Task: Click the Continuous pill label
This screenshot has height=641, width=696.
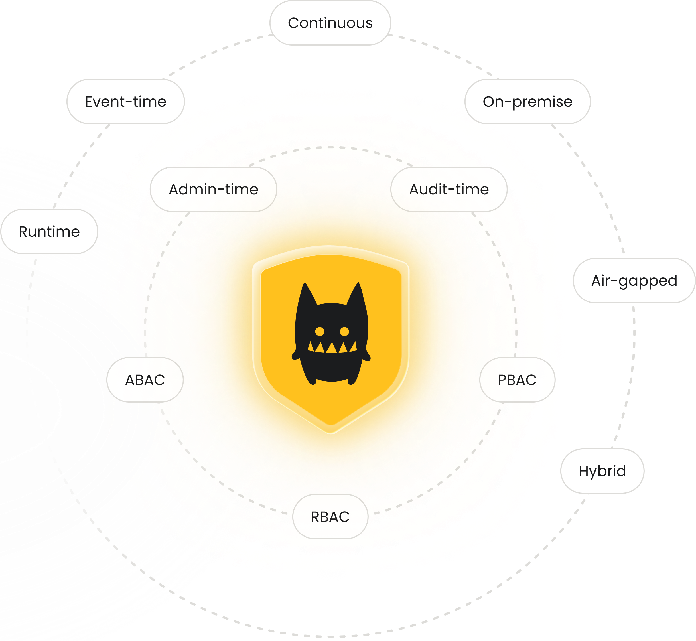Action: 330,23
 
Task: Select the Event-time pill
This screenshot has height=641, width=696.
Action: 125,102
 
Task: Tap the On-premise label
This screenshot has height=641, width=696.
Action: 527,102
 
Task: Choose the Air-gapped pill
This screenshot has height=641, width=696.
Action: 634,281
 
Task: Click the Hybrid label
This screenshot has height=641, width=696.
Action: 602,471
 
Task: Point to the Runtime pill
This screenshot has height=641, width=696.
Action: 49,231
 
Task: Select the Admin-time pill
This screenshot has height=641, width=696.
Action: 213,189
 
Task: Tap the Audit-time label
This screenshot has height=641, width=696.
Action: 449,189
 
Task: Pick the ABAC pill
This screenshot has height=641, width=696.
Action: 145,380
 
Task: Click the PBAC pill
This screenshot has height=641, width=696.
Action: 517,380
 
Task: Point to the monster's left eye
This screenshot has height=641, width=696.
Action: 319,332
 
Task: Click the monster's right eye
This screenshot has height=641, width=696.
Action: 344,332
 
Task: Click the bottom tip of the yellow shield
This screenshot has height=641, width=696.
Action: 331,430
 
